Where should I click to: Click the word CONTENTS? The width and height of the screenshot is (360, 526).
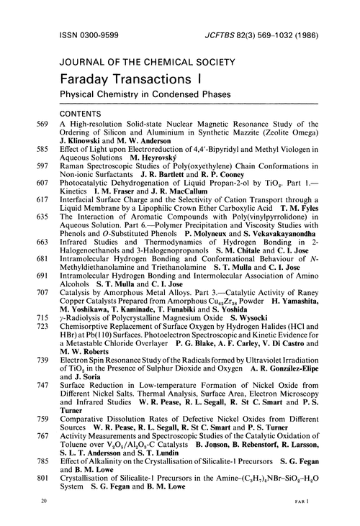(x=82, y=113)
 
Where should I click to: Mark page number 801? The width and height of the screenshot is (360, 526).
(x=45, y=491)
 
